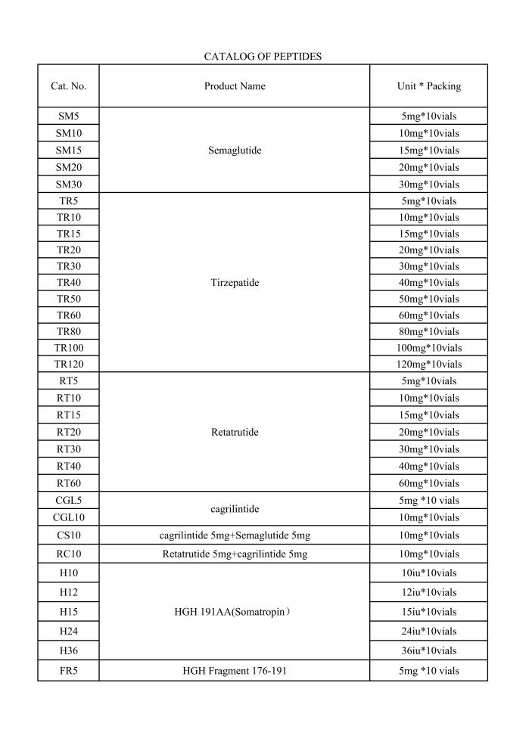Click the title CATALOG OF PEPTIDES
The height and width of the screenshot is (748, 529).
point(263,57)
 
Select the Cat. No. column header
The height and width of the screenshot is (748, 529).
point(68,86)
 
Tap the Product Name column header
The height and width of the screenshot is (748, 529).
point(235,86)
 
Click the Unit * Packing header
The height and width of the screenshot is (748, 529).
point(428,86)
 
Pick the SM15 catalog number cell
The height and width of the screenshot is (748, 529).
point(68,151)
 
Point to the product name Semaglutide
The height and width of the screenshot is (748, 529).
point(235,151)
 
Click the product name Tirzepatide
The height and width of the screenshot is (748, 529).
point(235,283)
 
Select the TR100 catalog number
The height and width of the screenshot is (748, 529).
point(68,348)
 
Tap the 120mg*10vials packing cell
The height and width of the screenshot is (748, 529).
point(428,364)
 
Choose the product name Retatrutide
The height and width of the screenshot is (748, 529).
point(235,433)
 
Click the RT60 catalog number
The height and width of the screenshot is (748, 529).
point(68,483)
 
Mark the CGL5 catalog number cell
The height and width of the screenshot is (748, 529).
point(68,501)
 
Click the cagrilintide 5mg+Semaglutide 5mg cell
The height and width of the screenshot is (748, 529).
point(235,535)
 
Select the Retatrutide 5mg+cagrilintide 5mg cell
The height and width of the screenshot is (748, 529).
point(235,554)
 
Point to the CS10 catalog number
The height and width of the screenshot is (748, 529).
point(68,535)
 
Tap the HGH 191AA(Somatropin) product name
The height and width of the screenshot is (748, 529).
point(235,612)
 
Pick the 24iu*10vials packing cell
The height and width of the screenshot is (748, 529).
point(428,632)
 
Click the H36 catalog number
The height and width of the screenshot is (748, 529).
point(68,650)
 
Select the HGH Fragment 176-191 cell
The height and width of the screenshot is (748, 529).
point(235,671)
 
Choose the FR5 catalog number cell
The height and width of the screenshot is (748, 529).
point(68,671)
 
